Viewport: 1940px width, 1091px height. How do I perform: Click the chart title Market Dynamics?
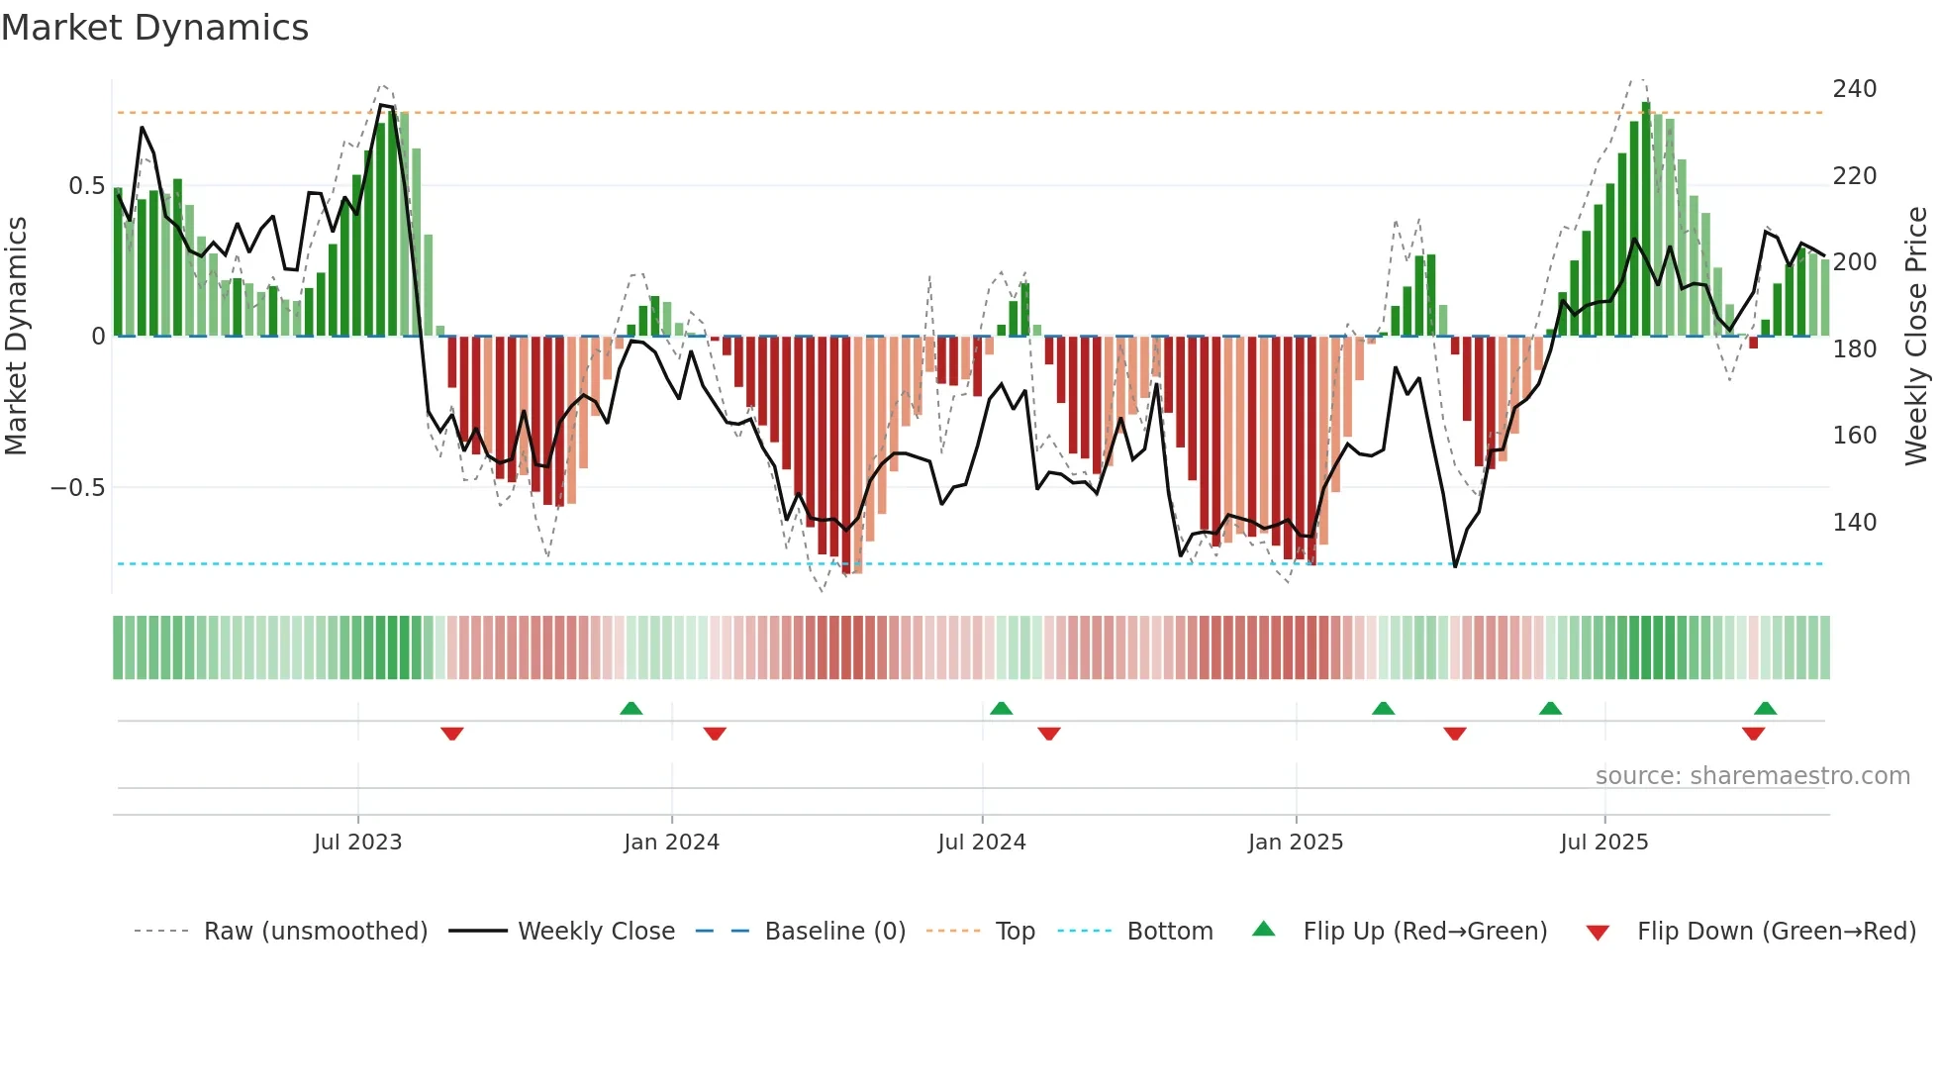[x=154, y=28]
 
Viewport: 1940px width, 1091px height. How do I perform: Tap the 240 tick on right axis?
[x=1854, y=89]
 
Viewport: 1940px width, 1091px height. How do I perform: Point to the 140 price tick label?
[x=1854, y=522]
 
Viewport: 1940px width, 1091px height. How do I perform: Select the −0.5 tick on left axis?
[x=77, y=488]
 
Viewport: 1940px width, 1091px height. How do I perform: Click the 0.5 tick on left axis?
[x=86, y=186]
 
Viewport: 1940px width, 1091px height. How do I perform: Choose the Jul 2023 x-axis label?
[x=357, y=843]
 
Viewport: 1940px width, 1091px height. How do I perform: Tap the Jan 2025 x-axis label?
[x=1295, y=843]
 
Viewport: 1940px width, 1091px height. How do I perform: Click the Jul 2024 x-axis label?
[x=981, y=843]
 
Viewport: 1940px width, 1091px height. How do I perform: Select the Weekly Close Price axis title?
[x=1916, y=337]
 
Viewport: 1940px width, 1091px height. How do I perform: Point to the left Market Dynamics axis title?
[x=16, y=337]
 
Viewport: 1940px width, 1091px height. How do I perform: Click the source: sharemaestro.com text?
[x=1752, y=776]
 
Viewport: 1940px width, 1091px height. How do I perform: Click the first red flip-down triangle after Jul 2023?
[x=452, y=734]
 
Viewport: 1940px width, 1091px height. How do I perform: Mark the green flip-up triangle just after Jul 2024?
[x=1001, y=708]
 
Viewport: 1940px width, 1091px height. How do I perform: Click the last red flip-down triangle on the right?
[x=1753, y=734]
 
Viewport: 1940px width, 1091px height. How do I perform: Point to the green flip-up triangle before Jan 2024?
[x=630, y=708]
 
